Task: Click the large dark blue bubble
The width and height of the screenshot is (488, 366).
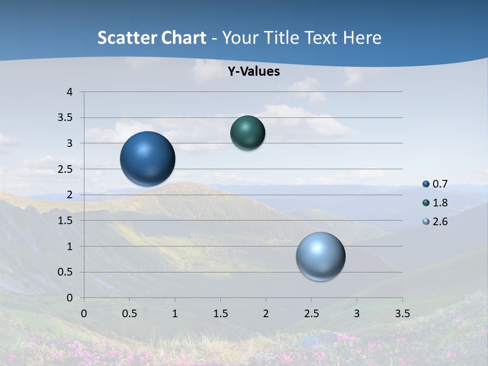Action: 148,159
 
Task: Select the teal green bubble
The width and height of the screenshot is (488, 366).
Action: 248,133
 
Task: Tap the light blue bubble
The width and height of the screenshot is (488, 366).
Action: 321,257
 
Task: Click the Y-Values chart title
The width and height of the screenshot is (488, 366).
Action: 253,72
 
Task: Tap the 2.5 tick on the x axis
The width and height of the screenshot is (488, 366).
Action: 312,314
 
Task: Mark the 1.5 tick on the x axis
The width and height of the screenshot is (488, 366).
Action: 221,314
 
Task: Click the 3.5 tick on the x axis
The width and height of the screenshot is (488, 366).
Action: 403,314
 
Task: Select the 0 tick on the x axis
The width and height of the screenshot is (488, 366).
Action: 84,314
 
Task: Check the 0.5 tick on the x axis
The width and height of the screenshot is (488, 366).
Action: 130,314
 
